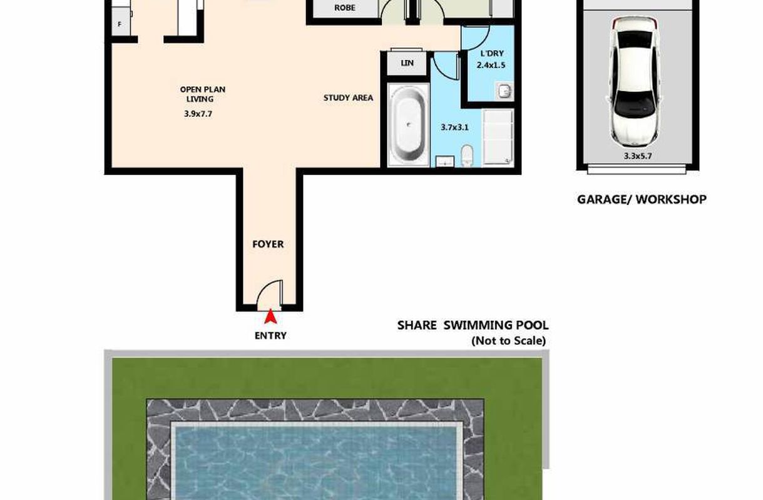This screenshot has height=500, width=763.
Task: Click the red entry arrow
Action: (270, 316)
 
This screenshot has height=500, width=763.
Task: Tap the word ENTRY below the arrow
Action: (270, 336)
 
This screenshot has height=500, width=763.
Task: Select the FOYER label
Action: (268, 244)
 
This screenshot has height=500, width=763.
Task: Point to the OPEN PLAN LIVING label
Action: (202, 94)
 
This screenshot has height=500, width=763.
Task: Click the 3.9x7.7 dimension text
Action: (198, 114)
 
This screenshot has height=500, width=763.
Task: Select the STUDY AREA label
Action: (348, 98)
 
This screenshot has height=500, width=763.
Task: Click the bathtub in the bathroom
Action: (408, 125)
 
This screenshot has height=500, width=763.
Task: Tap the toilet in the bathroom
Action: (467, 156)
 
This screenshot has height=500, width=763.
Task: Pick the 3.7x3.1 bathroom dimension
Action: (454, 127)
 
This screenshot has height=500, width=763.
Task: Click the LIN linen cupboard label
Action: (407, 63)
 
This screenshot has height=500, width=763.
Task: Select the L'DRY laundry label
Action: (491, 54)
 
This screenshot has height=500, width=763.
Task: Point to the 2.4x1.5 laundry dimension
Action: (491, 65)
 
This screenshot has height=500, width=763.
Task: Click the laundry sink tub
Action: (504, 91)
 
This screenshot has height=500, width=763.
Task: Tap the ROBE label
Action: (345, 8)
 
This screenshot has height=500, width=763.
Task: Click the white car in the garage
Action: (635, 83)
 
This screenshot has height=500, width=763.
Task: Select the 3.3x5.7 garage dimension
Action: (638, 156)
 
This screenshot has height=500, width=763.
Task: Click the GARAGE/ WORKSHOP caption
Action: (642, 199)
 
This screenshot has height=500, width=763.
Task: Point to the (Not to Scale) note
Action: (508, 341)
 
